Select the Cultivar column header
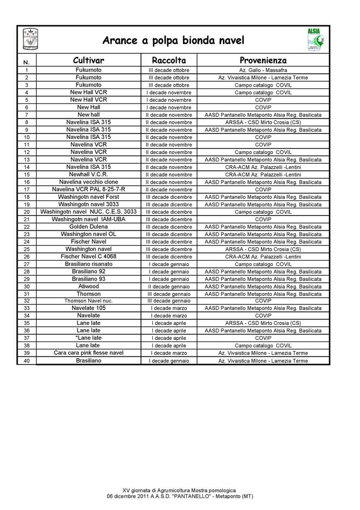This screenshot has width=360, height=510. [88, 60]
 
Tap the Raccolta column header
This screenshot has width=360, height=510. [168, 60]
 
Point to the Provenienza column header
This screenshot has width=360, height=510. [263, 60]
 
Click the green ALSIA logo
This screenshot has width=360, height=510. [314, 40]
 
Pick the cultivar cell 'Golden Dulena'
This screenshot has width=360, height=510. [88, 227]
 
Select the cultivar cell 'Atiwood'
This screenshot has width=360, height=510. [88, 287]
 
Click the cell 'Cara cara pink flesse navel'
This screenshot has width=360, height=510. [88, 353]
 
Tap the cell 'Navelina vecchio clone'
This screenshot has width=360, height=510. [88, 182]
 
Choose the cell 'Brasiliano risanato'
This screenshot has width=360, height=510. [88, 264]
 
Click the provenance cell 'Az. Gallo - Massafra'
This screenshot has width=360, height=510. [263, 71]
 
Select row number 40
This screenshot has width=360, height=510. [26, 361]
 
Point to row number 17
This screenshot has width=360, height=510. [26, 190]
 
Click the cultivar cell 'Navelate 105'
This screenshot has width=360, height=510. [88, 308]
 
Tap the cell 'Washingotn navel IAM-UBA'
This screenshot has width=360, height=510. [88, 219]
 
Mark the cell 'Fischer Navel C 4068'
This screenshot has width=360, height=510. [88, 256]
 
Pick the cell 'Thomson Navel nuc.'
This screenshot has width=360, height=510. [88, 301]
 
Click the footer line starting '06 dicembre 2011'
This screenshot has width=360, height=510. [179, 496]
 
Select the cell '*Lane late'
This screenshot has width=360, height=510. [88, 338]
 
